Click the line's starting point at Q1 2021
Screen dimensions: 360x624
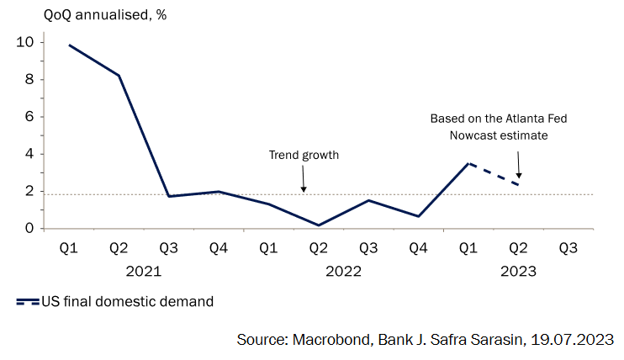(69, 45)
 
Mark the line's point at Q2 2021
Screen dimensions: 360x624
(119, 76)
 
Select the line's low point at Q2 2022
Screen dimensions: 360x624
(318, 225)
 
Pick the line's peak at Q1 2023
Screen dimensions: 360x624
(468, 163)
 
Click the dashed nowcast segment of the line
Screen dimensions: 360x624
(494, 174)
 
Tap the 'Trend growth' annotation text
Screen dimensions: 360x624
(304, 155)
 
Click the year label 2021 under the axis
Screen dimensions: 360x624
(144, 272)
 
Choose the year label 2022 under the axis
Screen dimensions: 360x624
(343, 272)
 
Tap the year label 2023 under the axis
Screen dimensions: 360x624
(518, 272)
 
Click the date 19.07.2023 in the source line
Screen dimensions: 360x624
(572, 338)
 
